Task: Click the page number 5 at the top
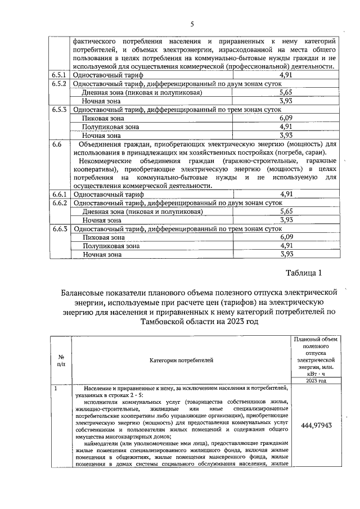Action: click(192, 24)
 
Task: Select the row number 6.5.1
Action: click(60, 75)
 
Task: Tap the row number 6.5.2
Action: click(60, 83)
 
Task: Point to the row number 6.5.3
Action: click(60, 110)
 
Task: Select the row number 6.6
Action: click(56, 145)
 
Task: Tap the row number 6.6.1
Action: click(60, 194)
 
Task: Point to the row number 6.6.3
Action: click(60, 229)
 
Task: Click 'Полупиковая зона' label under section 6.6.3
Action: click(110, 246)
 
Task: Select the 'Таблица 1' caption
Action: click(303, 274)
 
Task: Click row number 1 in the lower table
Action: click(55, 389)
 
